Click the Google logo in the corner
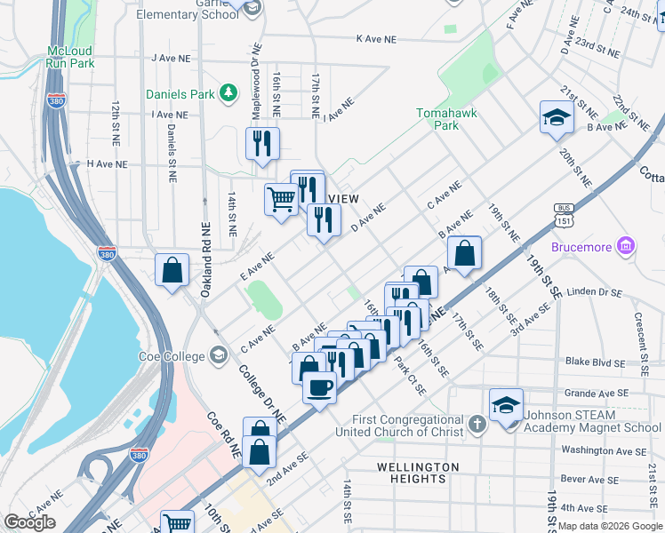tap(29, 522)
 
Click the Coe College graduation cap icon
tap(218, 356)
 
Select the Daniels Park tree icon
tap(228, 92)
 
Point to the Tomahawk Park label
tap(438, 119)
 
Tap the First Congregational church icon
tap(477, 424)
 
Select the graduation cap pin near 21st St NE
tap(556, 117)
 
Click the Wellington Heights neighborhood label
tap(417, 473)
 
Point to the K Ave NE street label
tap(375, 39)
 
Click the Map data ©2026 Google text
tap(609, 526)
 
